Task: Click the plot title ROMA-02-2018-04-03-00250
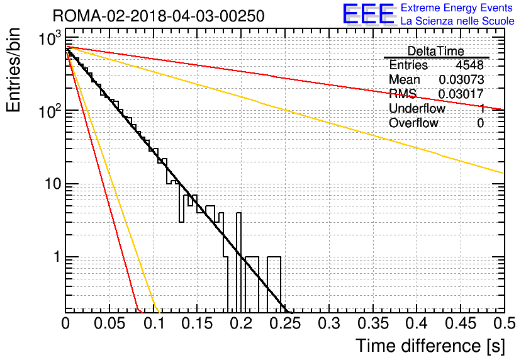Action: pos(159,15)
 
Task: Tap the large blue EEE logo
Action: pos(368,14)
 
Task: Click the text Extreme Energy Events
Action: pos(457,8)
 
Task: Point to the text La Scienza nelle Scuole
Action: pos(457,21)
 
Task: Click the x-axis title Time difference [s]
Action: pos(428,346)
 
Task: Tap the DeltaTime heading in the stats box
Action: pos(435,51)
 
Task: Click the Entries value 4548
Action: pos(470,65)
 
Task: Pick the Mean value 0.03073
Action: pos(461,80)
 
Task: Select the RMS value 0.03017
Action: pos(461,94)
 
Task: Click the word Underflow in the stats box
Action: pos(417,109)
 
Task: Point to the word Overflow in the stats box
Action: pos(413,123)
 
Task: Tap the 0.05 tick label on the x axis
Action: pos(110,323)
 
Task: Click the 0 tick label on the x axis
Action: pos(66,323)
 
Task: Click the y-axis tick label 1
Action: pos(55,257)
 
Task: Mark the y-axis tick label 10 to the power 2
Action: pos(48,111)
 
